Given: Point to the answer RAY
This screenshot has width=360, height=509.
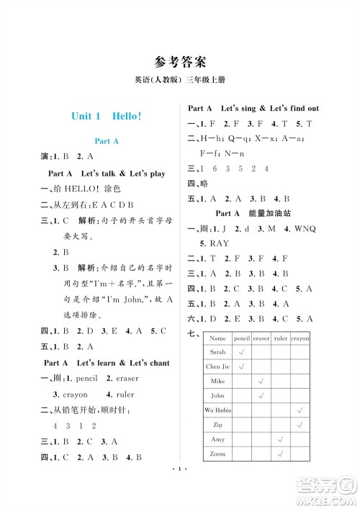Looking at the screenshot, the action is [217, 243].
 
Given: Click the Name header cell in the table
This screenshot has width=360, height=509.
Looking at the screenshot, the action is [218, 337].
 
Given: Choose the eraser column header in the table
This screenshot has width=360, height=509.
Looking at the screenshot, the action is [261, 337].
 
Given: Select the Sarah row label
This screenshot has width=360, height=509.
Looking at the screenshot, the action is [218, 351].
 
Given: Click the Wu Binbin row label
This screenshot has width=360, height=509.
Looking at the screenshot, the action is [218, 410].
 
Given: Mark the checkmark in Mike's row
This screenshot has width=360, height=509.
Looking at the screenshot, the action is [261, 381].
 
